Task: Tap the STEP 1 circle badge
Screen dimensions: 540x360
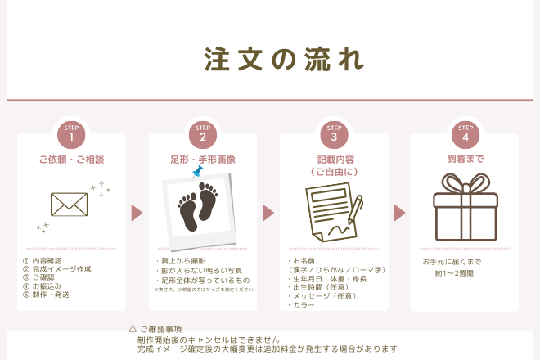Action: tap(72, 134)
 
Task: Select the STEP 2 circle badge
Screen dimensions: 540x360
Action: tap(203, 134)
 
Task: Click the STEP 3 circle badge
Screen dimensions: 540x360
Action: tap(334, 134)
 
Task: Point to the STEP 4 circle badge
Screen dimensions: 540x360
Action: tap(465, 134)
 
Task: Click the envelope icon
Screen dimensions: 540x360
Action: tap(70, 204)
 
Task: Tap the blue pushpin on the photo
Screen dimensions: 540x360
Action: tap(197, 171)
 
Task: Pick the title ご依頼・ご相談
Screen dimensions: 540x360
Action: tap(72, 159)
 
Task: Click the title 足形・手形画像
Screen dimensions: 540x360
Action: tap(203, 159)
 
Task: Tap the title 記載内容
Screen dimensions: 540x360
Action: tap(334, 159)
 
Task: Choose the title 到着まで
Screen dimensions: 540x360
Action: tap(465, 159)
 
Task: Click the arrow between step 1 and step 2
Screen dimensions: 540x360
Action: tap(137, 213)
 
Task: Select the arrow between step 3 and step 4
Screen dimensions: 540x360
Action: tap(399, 213)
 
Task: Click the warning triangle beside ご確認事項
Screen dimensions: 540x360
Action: tap(133, 329)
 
